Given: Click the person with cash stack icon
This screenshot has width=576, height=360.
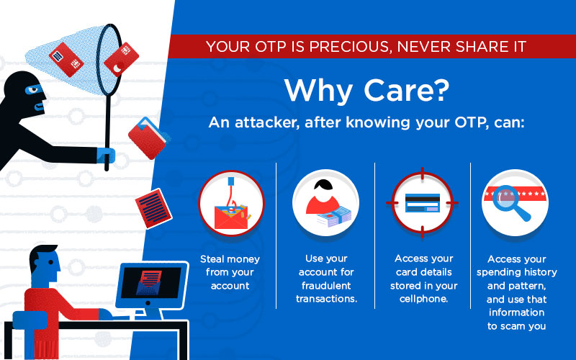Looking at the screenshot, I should click(325, 203).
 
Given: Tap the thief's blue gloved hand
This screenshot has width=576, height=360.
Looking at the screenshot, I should click(105, 154).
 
